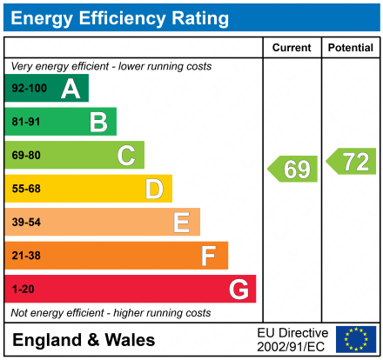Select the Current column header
292,48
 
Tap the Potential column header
350,48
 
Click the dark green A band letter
71,89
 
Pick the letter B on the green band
98,123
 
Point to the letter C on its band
126,156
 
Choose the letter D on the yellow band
154,189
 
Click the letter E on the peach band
181,223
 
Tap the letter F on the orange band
209,256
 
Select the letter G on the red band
238,289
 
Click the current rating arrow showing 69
293,169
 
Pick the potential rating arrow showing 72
352,160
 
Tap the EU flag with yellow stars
356,339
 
